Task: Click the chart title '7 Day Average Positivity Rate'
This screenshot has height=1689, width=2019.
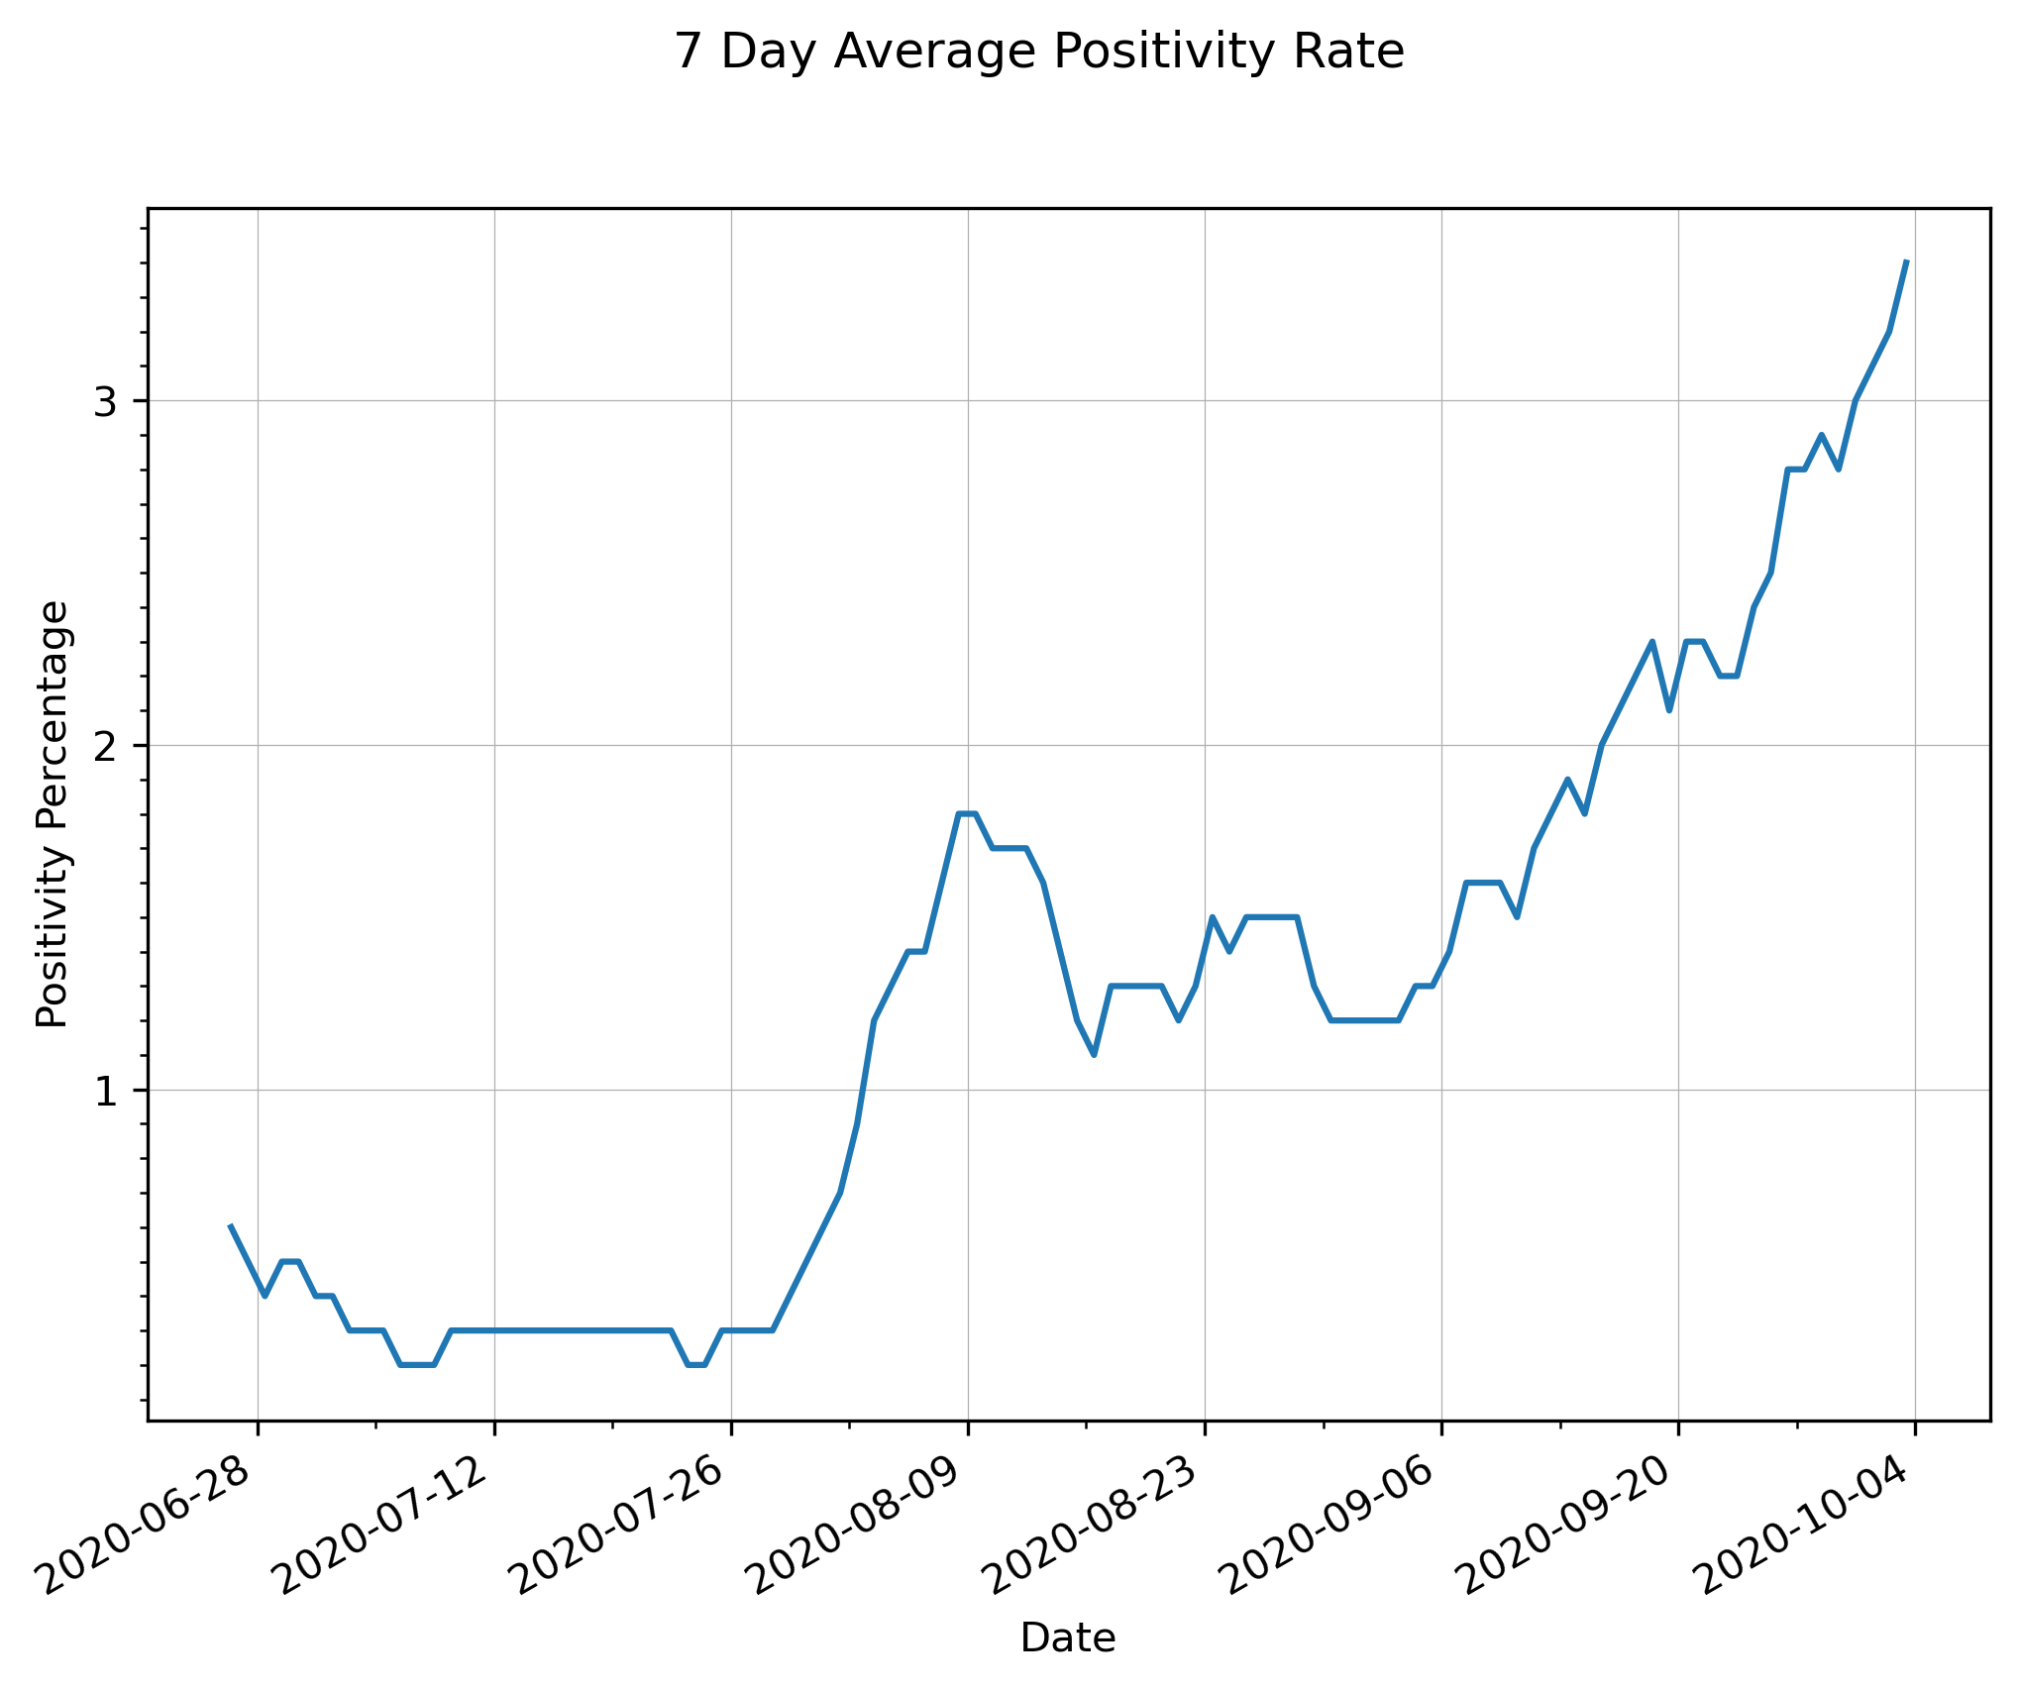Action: [x=1039, y=52]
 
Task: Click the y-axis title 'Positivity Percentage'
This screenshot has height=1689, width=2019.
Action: [x=53, y=814]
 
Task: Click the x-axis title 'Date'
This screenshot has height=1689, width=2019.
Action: [x=1068, y=1638]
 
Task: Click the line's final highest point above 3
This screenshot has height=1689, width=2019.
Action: [x=1906, y=262]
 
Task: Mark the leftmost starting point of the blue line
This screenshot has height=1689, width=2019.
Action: [x=230, y=1225]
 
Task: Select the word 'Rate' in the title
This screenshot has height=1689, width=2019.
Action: [x=1353, y=52]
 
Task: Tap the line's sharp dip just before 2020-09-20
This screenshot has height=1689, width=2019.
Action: [x=1669, y=710]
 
